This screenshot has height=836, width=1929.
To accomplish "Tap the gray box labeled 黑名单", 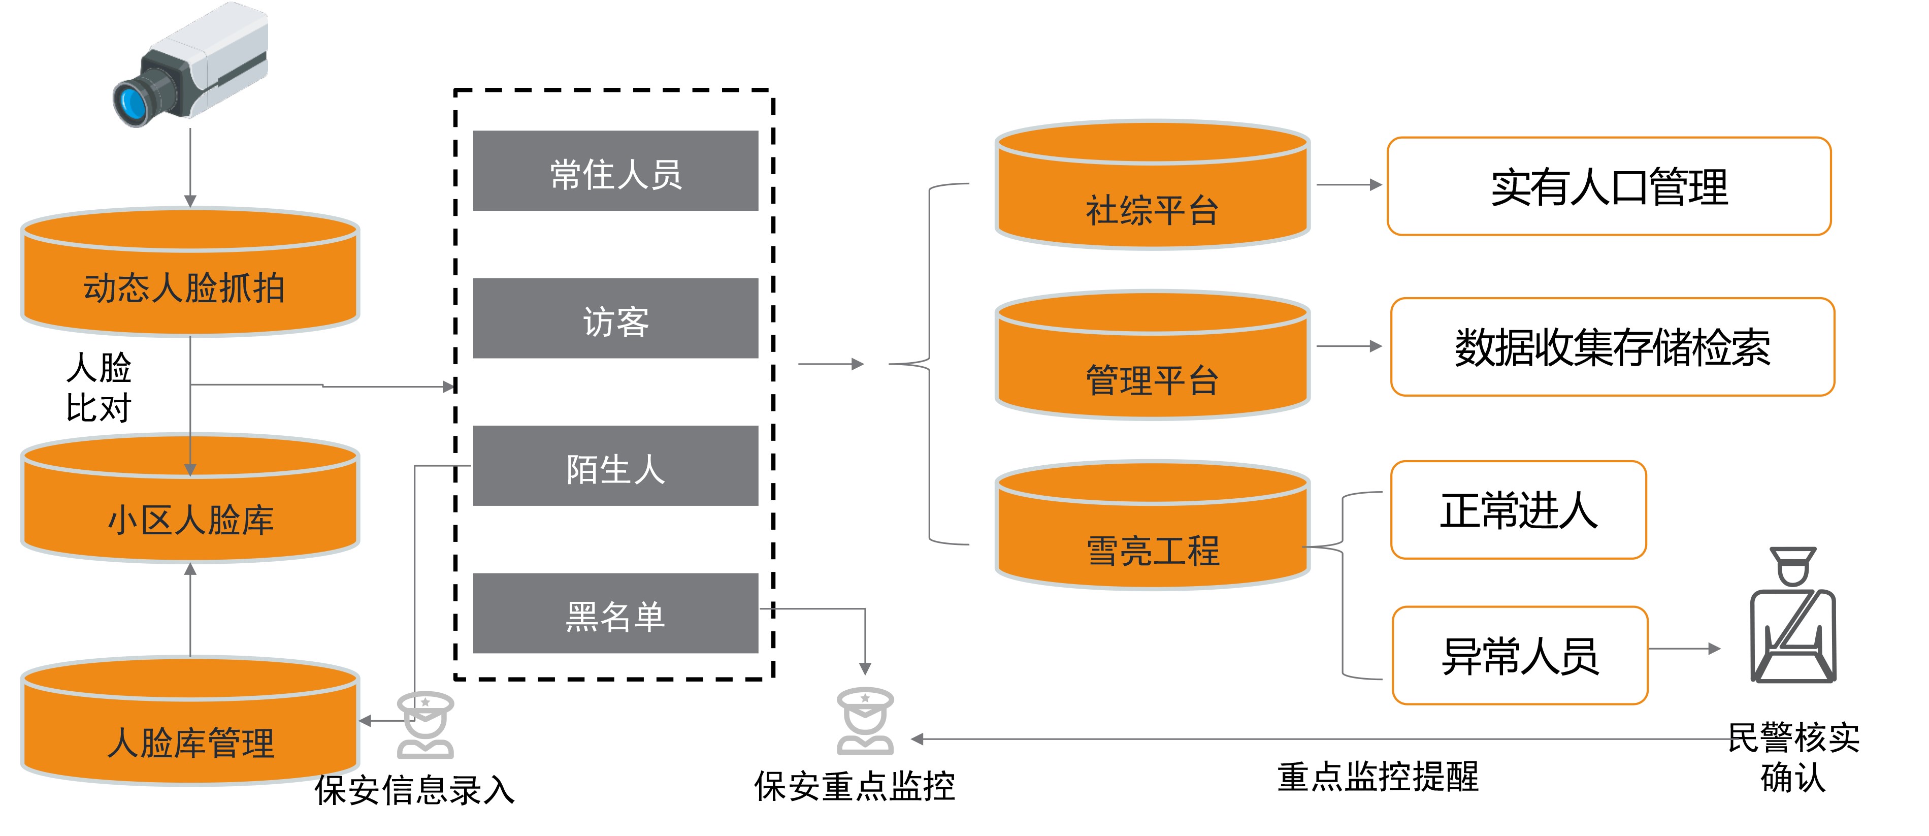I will pos(615,614).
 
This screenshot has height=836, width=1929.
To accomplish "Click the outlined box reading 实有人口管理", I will pos(1609,186).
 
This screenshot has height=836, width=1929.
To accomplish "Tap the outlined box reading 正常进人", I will pos(1518,510).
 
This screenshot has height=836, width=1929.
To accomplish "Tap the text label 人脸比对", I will pos(99,388).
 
